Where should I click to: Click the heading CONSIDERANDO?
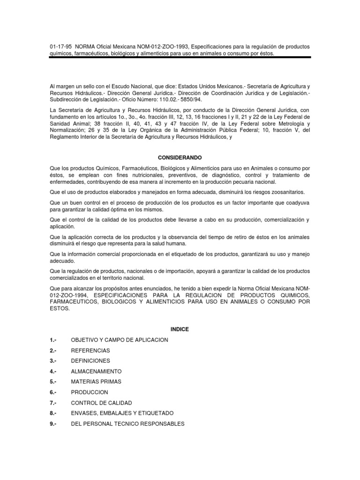coord(180,158)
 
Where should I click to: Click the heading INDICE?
coord(180,329)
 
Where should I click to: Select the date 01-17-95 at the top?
coord(59,47)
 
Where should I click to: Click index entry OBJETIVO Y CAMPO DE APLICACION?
coord(119,340)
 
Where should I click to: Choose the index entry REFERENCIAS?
coord(90,351)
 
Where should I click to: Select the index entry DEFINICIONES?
coord(90,361)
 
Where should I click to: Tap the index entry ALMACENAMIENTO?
coord(96,371)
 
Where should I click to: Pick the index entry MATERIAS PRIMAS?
coord(96,382)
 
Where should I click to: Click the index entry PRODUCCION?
coord(90,392)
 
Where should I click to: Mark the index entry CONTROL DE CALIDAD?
coord(101,403)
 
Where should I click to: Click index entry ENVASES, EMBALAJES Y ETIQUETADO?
coord(122,413)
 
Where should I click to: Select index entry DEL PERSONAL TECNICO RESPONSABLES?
coord(127,424)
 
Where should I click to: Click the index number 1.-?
coord(52,340)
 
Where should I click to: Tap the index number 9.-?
coord(52,424)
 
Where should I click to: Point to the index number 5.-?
coord(52,382)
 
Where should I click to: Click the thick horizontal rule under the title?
coord(180,58)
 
